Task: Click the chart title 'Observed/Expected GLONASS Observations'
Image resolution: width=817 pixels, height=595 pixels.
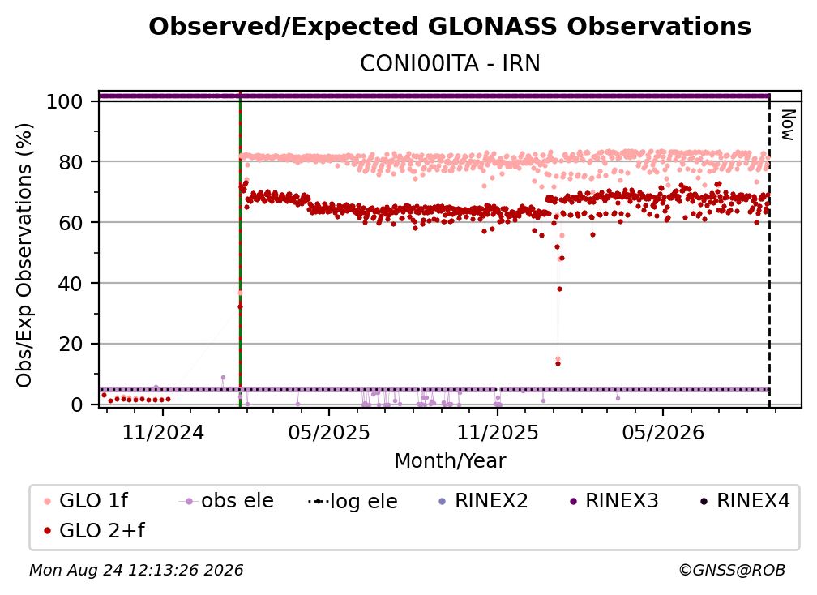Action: coord(450,27)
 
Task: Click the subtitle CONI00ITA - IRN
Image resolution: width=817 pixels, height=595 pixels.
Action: coord(450,63)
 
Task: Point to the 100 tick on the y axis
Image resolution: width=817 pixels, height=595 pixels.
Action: coord(64,101)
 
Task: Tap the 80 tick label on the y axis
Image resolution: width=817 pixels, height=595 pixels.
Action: coord(71,162)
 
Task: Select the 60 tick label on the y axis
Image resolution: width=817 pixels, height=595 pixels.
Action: coord(71,223)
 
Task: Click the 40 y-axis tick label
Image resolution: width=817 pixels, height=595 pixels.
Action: coord(71,284)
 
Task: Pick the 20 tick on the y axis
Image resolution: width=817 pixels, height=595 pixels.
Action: coord(71,345)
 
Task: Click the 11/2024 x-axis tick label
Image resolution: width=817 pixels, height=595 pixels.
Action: coord(163,432)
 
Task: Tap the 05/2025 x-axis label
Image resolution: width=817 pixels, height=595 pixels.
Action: coord(329,432)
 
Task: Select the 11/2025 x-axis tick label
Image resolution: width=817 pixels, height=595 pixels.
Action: coord(498,432)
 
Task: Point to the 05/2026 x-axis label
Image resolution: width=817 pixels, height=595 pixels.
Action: coord(663,432)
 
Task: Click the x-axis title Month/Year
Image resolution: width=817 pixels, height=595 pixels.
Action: coord(450,461)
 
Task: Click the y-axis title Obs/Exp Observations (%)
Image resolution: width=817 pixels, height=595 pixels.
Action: coord(24,255)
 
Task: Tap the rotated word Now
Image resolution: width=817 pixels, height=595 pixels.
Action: coord(788,125)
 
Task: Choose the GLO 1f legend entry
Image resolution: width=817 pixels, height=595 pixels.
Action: coord(86,501)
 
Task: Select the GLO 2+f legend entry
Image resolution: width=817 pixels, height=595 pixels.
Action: coord(94,531)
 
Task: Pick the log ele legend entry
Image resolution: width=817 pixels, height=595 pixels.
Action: coord(353,502)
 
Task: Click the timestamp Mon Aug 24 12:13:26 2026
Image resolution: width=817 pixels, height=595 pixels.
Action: coord(136,571)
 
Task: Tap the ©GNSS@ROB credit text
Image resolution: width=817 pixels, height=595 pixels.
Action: coord(732,571)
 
